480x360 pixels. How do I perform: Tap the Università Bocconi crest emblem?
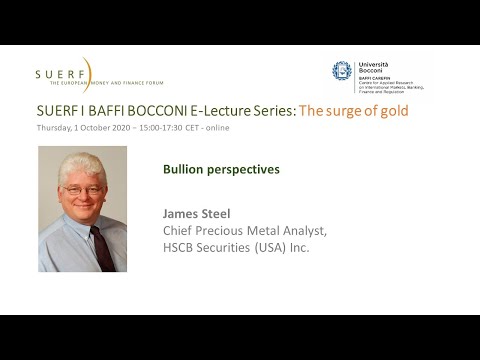point(342,70)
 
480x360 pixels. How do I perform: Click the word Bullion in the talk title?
point(185,169)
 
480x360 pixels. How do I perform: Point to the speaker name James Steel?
point(196,213)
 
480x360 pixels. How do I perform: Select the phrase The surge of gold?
point(355,110)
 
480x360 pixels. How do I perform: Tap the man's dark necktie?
point(102,245)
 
